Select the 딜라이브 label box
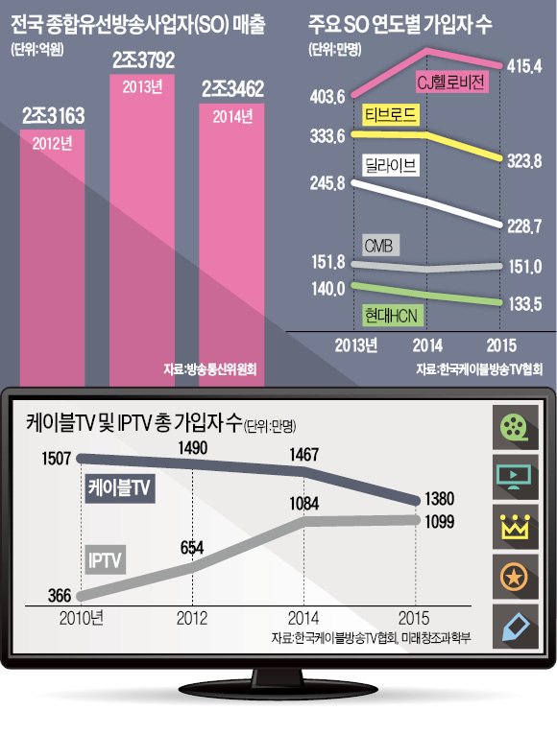[x=394, y=166]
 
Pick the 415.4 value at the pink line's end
[x=525, y=64]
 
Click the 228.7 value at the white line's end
[x=525, y=224]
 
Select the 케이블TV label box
[x=121, y=486]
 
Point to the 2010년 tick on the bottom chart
[x=81, y=616]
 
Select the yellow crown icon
[x=517, y=526]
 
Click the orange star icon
[x=517, y=577]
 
